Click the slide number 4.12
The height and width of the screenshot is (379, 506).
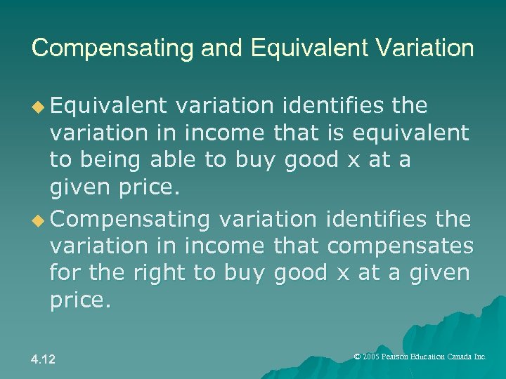tap(43, 359)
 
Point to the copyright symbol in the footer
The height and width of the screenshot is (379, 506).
tap(357, 357)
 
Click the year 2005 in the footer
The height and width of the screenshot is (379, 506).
tap(371, 357)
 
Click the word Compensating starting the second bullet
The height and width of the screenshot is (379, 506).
tap(130, 220)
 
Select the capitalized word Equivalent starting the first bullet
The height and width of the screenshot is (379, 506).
tap(108, 106)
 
